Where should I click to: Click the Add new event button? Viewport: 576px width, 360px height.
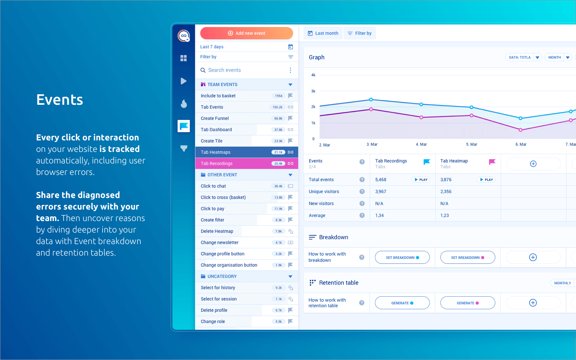[x=247, y=33]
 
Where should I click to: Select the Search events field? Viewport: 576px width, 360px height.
[x=245, y=70]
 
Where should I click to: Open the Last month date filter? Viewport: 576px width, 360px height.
[x=323, y=33]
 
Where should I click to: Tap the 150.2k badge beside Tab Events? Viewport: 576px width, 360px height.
[x=277, y=107]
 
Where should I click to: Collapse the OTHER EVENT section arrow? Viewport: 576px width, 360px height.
[x=290, y=175]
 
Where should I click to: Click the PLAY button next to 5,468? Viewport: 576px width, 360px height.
[x=421, y=180]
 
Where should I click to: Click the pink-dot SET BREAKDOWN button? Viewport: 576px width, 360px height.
[x=468, y=257]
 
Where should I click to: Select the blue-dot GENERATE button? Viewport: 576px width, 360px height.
[x=402, y=303]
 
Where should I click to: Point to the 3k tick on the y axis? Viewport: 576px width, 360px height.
[x=313, y=91]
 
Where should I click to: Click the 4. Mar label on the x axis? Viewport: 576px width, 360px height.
[x=421, y=144]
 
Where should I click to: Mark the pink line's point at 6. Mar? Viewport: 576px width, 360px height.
[x=521, y=130]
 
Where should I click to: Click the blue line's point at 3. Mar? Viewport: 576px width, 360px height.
[x=371, y=100]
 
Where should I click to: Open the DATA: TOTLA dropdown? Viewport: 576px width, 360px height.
[x=523, y=57]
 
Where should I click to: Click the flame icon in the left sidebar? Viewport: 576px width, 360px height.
[x=184, y=104]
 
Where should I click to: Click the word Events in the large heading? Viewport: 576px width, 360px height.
[x=60, y=100]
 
